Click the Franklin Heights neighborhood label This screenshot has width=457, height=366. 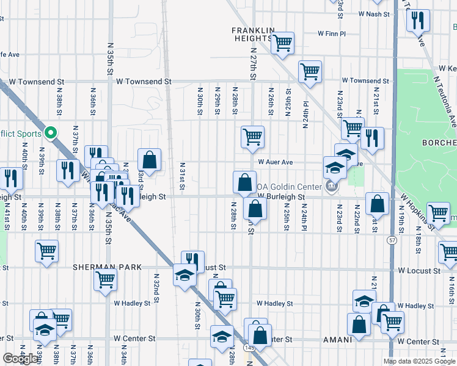click(x=252, y=34)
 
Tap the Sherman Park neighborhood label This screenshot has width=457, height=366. click(x=107, y=267)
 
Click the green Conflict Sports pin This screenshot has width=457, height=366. click(x=52, y=133)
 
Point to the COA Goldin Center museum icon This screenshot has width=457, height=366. click(x=332, y=187)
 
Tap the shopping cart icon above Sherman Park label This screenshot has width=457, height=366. click(x=46, y=250)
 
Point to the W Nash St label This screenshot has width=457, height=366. click(x=374, y=13)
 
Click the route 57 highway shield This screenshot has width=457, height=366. click(x=390, y=241)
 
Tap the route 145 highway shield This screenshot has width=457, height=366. click(x=248, y=347)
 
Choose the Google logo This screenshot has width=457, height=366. click(x=21, y=359)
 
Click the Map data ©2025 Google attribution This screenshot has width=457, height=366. click(x=419, y=361)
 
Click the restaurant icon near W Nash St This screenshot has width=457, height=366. click(x=419, y=20)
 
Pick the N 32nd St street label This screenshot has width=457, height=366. click(x=156, y=284)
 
